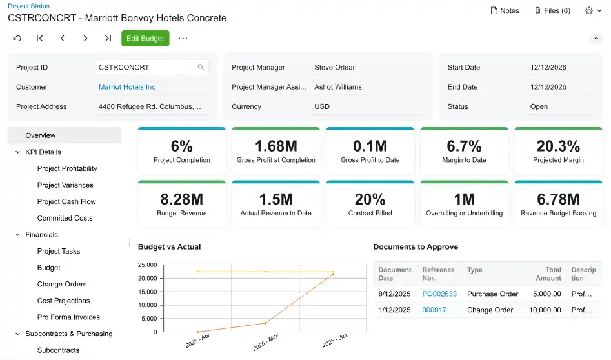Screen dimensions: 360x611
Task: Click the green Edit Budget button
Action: (x=145, y=39)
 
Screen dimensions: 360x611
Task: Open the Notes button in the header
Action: (x=505, y=10)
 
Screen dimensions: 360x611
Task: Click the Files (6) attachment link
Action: (x=552, y=10)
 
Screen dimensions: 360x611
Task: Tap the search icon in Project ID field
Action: (x=201, y=67)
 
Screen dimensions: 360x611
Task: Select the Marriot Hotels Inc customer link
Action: (x=127, y=87)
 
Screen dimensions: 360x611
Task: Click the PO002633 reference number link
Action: (x=439, y=294)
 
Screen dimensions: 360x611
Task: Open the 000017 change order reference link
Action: (x=434, y=310)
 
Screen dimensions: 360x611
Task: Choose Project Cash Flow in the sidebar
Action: (x=66, y=202)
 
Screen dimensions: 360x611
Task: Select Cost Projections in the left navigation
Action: (x=64, y=301)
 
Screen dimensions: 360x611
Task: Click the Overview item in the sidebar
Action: (x=41, y=135)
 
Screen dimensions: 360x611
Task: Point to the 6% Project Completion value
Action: (x=182, y=146)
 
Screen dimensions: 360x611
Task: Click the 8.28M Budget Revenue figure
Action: (x=182, y=199)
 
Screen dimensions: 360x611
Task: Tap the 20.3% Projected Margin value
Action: (x=558, y=146)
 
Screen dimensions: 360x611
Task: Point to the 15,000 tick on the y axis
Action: (x=147, y=292)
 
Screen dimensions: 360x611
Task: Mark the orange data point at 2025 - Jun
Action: (x=333, y=274)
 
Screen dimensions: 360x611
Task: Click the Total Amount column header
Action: (x=548, y=274)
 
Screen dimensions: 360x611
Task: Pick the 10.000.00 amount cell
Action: (x=545, y=310)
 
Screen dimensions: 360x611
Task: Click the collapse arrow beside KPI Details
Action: (x=17, y=152)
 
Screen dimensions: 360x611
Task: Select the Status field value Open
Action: (x=539, y=107)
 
